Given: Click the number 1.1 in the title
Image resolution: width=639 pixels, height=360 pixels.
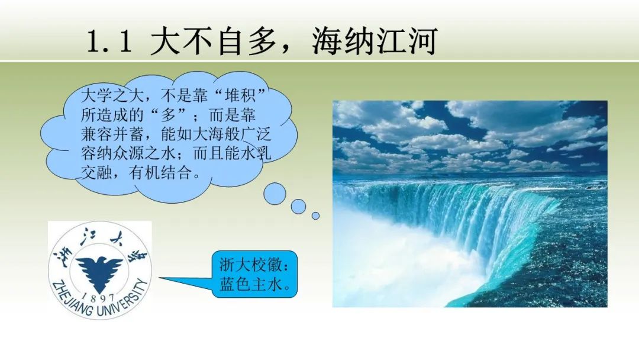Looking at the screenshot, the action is pos(109,41).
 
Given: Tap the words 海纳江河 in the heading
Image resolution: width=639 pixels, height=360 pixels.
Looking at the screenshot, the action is pos(375,41).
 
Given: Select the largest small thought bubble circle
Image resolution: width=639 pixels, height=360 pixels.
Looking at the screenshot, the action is pos(275,194).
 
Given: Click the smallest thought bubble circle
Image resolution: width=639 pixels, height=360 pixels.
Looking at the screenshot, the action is pos(315,216).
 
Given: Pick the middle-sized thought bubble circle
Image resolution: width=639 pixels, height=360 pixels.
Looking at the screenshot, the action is pos(298,207).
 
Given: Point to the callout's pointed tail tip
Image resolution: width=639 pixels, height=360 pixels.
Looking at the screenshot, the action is pos(159,278).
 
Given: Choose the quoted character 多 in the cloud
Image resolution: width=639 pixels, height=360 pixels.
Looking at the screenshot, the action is pos(169,115).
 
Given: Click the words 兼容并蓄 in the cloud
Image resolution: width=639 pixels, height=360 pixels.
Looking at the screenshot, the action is pos(112,134).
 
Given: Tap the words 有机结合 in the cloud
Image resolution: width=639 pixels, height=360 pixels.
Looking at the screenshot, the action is pos(160,173).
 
